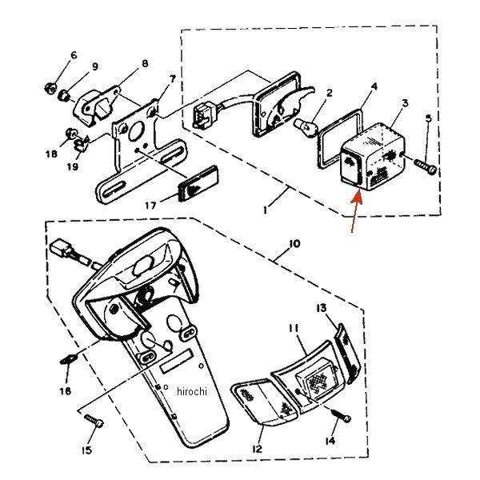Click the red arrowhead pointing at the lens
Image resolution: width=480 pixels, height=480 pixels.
coord(358,197)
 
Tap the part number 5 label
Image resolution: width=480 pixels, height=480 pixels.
coord(429,118)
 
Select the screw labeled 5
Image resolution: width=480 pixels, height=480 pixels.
coord(426,166)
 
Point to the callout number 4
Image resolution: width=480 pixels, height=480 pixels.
coord(374,86)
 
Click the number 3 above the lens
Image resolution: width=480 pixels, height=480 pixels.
coord(405,103)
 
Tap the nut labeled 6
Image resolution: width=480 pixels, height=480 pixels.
coord(50,89)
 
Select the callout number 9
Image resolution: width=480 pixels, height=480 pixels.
coord(95,66)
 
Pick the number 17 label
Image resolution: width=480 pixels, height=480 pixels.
coord(150,205)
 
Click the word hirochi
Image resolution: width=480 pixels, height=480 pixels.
coord(192,391)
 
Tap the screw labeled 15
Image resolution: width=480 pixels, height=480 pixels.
coord(94,421)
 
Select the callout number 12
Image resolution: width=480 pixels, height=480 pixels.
coord(257,449)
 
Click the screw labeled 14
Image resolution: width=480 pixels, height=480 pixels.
coord(342,416)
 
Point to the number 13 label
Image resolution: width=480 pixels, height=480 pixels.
coord(322,308)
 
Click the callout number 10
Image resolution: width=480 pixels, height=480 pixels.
coord(294,244)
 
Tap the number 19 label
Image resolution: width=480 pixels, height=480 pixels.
coord(73,166)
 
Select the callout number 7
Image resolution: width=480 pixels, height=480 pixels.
coord(172,79)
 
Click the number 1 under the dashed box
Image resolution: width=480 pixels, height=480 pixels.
coord(265,210)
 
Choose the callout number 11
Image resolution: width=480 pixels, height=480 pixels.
coord(294,328)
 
